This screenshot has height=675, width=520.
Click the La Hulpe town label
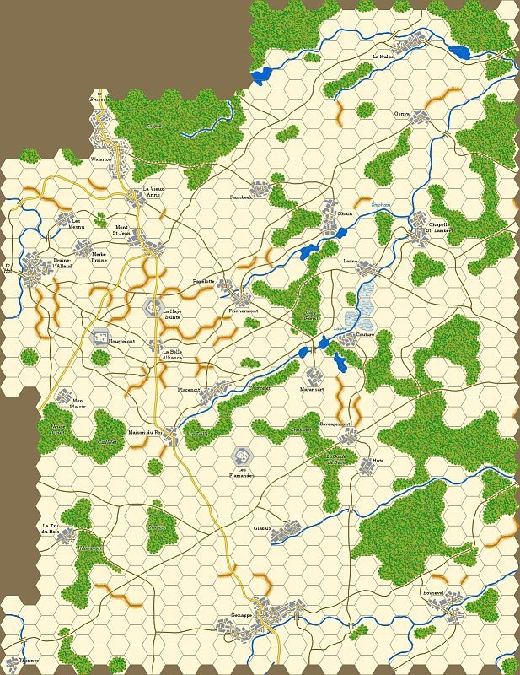(x=383, y=57)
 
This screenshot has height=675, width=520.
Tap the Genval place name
(x=402, y=113)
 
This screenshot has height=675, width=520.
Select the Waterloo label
(x=101, y=159)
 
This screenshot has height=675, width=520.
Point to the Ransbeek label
(x=241, y=197)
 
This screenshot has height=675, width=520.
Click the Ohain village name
(x=345, y=214)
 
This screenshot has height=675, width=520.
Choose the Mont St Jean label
(x=122, y=231)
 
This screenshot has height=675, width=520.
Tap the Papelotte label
(x=204, y=281)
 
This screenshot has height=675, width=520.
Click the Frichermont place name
(x=243, y=311)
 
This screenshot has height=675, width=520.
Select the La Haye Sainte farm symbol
(x=153, y=306)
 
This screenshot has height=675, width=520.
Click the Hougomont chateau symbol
(x=99, y=338)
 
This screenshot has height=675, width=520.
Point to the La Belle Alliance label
(x=172, y=355)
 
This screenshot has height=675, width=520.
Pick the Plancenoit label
(x=189, y=390)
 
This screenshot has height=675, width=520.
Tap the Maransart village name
(x=312, y=389)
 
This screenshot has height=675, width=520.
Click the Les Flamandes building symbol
(x=242, y=456)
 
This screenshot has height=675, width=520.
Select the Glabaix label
(x=263, y=528)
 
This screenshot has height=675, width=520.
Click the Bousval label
(x=433, y=593)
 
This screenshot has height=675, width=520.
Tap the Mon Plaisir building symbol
(x=63, y=396)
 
